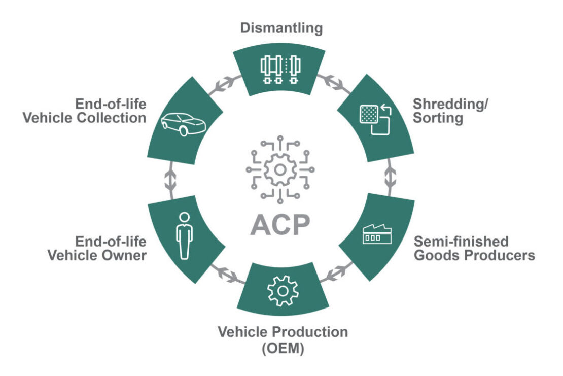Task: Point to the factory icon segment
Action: [377, 235]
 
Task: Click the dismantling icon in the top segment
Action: [280, 69]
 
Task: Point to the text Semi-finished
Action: [461, 240]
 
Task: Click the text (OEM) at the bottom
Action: [283, 349]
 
